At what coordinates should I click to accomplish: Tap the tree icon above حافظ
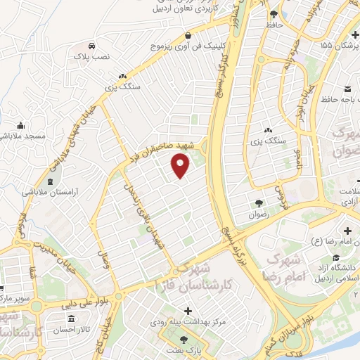pos(274,14)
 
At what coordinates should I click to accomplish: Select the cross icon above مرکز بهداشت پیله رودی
pos(188,310)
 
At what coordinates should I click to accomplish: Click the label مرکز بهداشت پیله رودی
pos(179,321)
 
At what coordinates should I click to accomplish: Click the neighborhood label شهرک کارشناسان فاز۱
pos(204,276)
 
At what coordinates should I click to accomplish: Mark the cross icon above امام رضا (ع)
pos(346,231)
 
